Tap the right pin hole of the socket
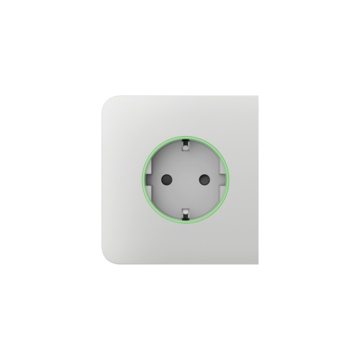tap(203, 178)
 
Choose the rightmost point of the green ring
tap(228, 178)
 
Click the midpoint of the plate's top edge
tap(180, 96)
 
